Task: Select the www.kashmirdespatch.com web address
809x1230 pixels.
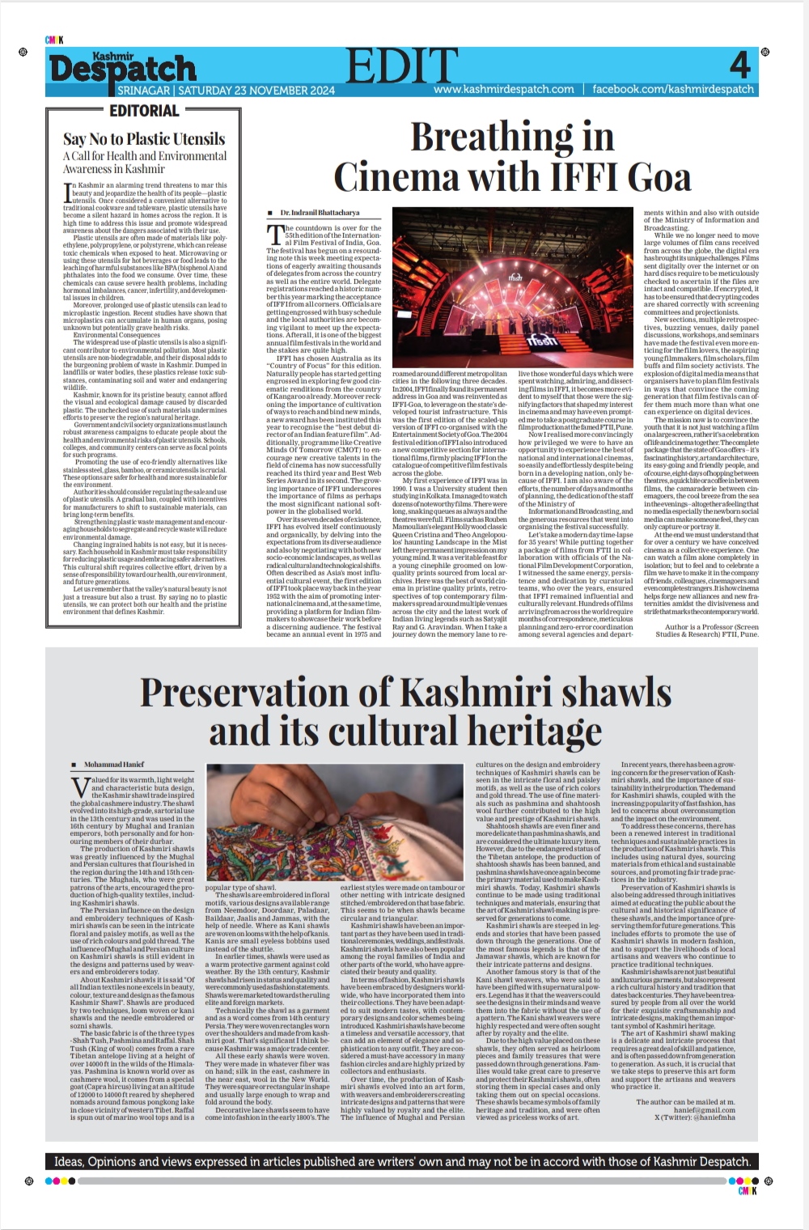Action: (x=503, y=89)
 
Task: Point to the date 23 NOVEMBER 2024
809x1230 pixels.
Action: (x=266, y=90)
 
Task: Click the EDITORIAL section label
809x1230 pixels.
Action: (x=144, y=111)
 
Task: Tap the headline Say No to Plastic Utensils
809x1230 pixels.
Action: (x=144, y=138)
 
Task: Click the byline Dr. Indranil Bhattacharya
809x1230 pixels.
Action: (x=320, y=212)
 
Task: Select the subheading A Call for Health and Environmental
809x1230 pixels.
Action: (x=145, y=155)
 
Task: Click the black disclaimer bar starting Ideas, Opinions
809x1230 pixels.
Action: (x=403, y=1161)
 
